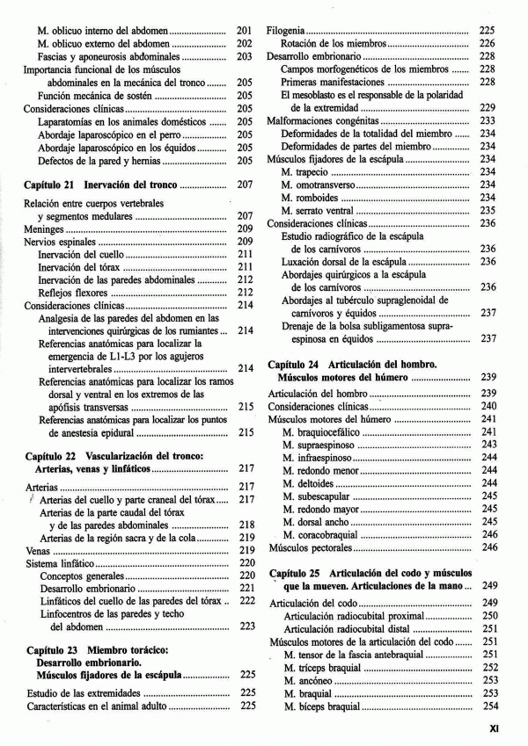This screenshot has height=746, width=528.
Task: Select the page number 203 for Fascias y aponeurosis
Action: (x=245, y=56)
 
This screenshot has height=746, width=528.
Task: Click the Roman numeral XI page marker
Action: (x=495, y=728)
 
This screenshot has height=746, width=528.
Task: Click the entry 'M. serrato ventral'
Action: (x=320, y=210)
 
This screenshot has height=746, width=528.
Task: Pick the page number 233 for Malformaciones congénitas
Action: (x=488, y=120)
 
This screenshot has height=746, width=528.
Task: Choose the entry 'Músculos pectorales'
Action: (x=310, y=547)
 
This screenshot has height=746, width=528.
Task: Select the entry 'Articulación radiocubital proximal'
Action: (x=348, y=616)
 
